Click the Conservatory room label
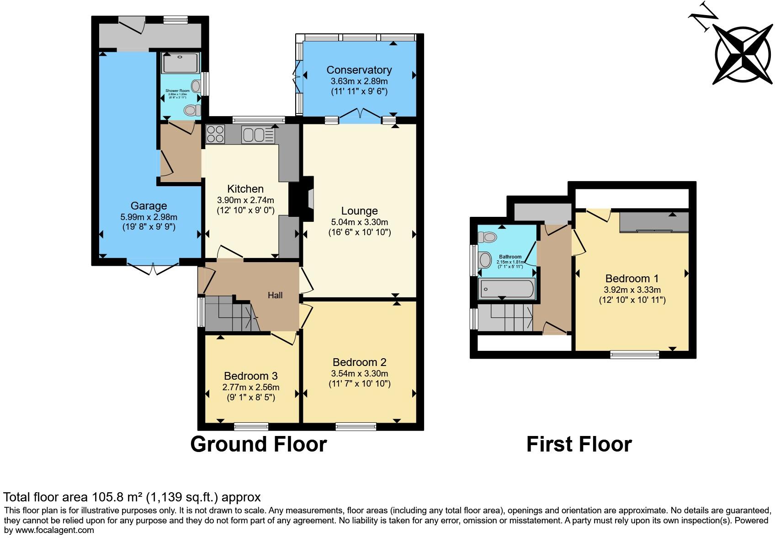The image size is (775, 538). [x=359, y=70]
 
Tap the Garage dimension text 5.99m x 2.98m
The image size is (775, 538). [x=149, y=217]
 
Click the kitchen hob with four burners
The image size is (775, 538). [x=216, y=134]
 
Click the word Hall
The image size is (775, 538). [x=275, y=296]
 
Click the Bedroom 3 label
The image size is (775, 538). [x=250, y=376]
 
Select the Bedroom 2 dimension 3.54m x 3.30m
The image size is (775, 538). [x=359, y=373]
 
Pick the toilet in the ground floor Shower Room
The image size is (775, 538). [x=192, y=110]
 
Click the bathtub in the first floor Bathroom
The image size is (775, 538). [x=506, y=289]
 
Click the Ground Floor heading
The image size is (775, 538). [x=258, y=444]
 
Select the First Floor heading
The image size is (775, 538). [x=579, y=444]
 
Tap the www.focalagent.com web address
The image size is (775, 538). [x=49, y=530]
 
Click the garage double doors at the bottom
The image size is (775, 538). [x=153, y=269]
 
